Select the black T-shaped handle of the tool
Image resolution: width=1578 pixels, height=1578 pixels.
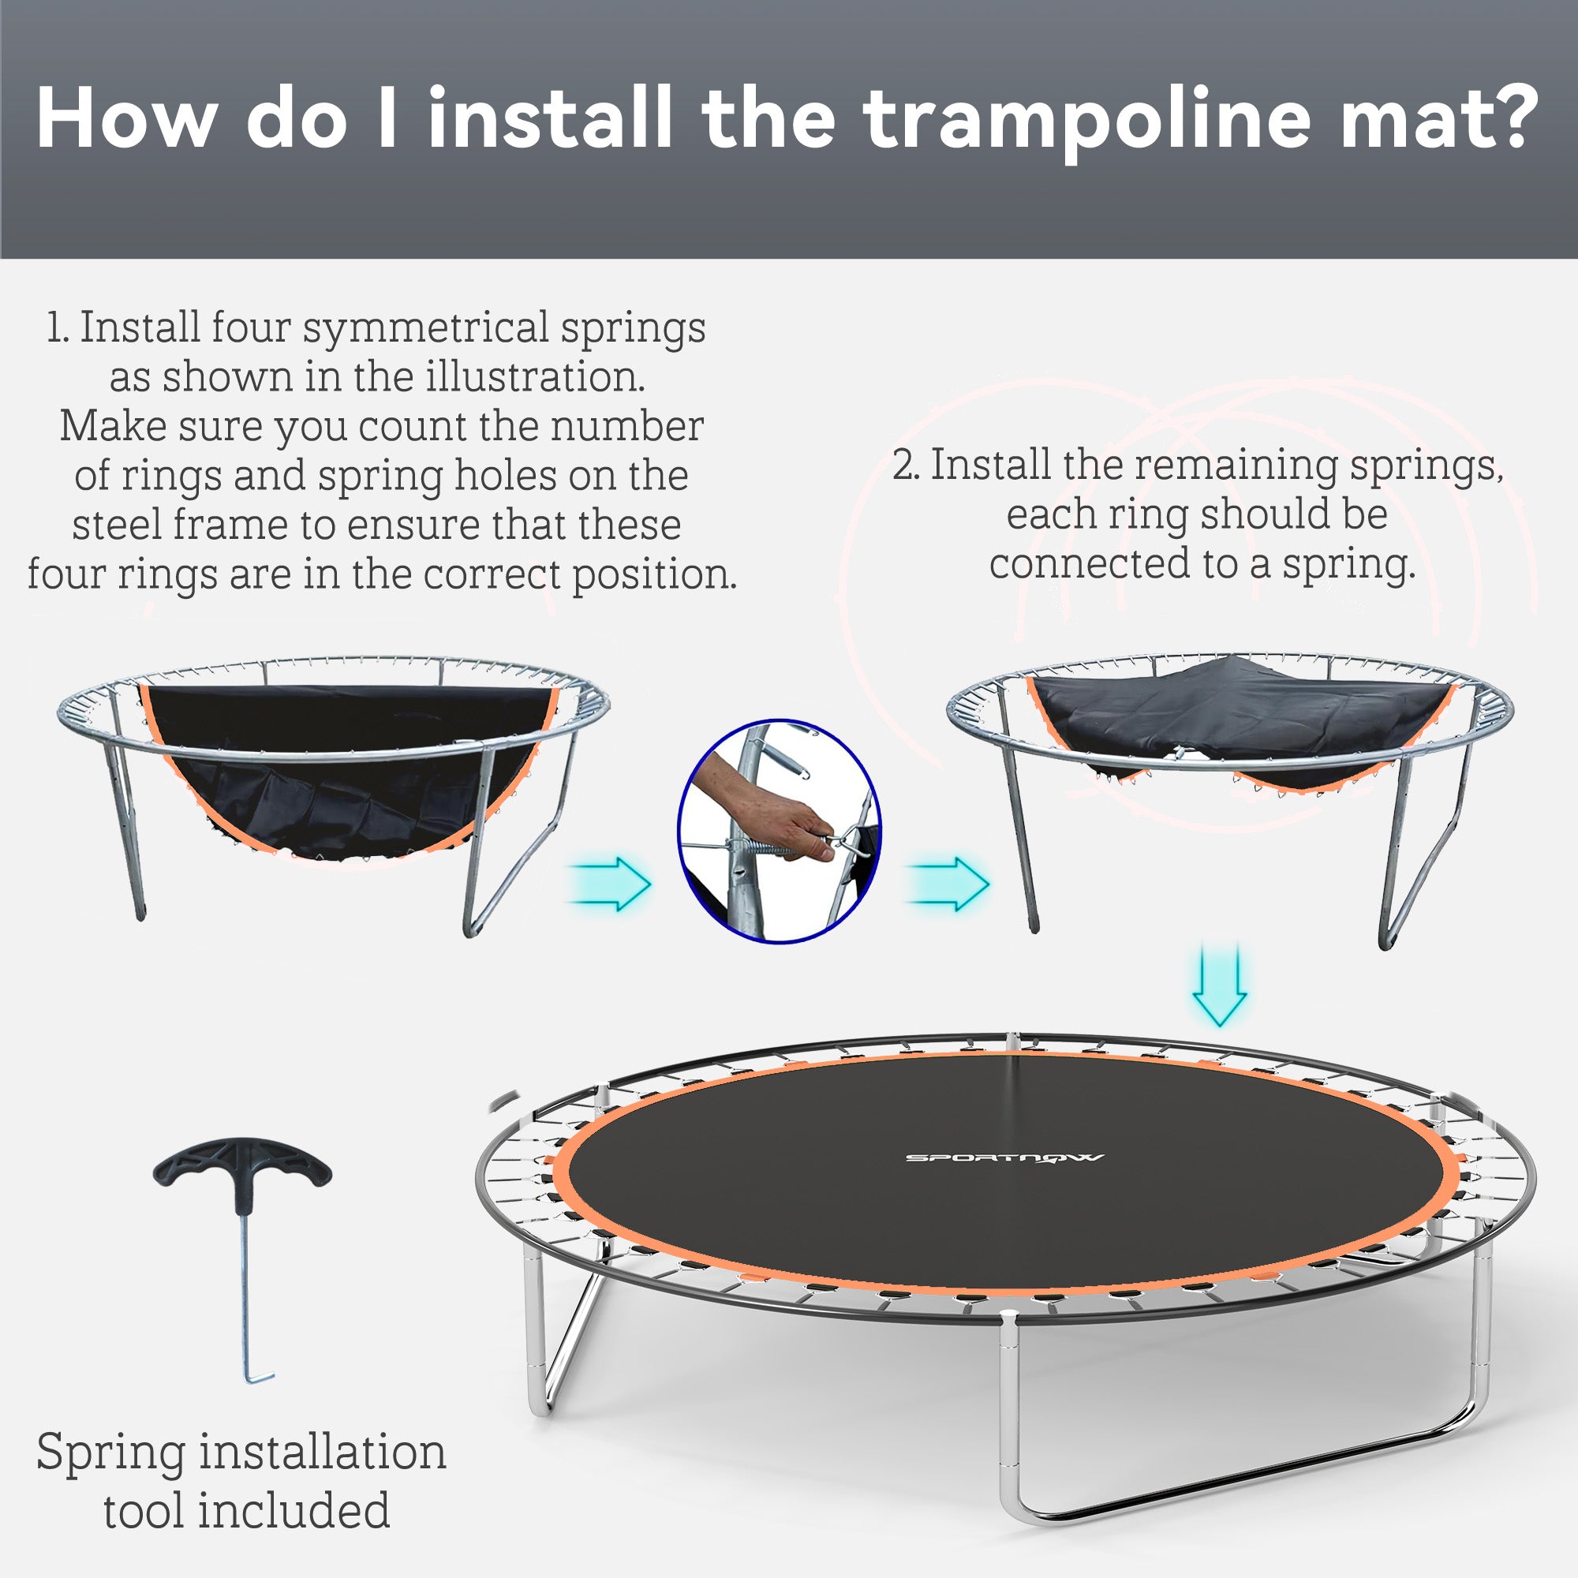pos(242,1167)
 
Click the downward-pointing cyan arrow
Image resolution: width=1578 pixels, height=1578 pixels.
pos(1220,985)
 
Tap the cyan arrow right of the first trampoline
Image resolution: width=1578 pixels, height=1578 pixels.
pos(611,883)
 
